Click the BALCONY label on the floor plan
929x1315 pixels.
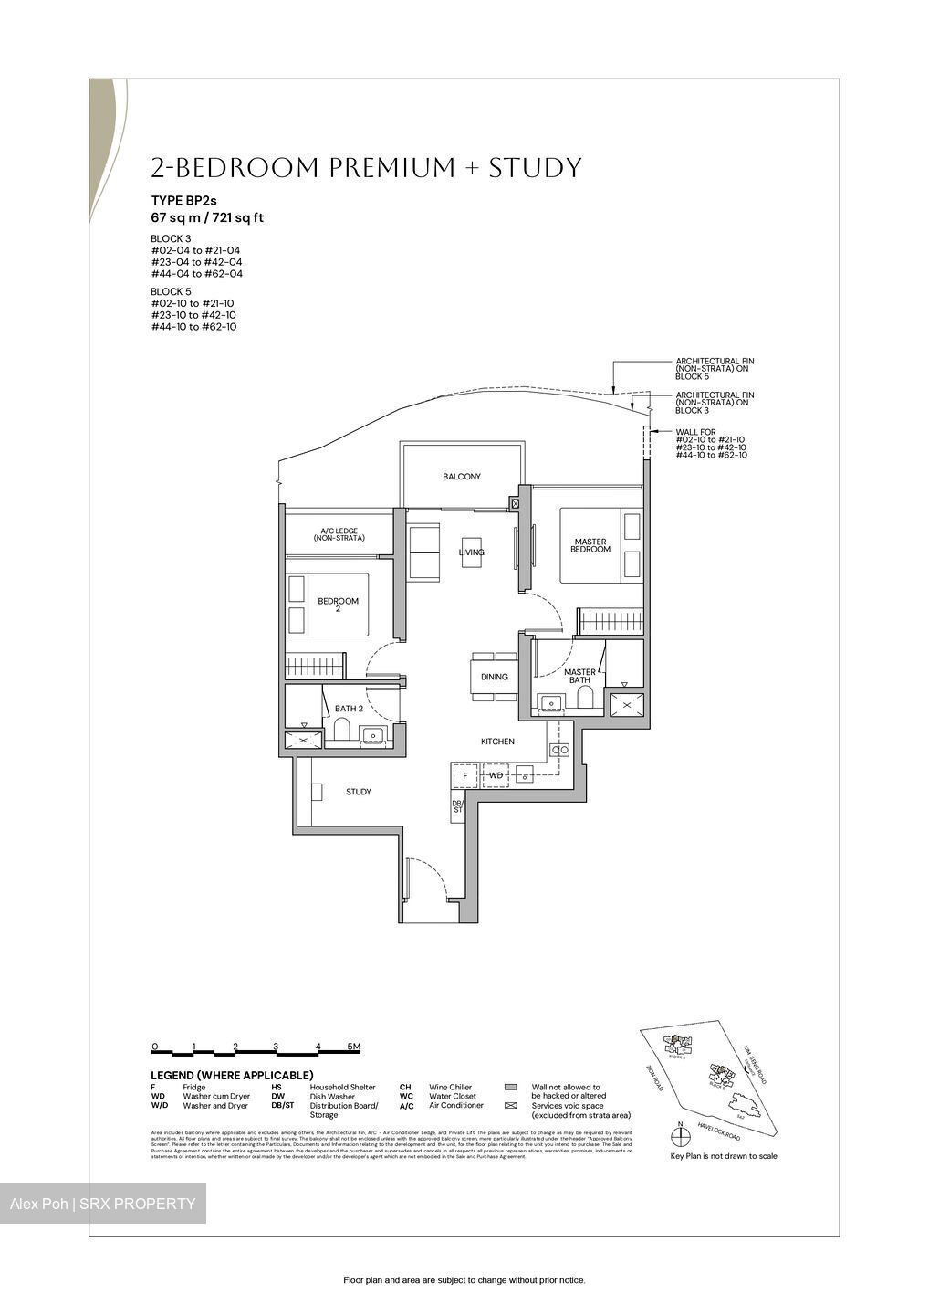pos(461,477)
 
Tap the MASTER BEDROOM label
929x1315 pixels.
pos(590,545)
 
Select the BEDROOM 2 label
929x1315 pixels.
pos(338,605)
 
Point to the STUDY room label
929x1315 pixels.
pos(358,792)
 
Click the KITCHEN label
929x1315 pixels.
pos(497,742)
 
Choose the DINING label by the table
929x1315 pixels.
pos(494,677)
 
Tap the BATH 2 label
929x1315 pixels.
pos(349,709)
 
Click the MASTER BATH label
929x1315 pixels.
pos(579,676)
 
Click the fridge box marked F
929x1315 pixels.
pos(465,775)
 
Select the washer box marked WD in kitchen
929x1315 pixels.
pos(496,775)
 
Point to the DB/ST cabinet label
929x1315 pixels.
pos(458,806)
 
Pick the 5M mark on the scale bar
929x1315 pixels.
pos(353,1047)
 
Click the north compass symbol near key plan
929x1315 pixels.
pos(679,1136)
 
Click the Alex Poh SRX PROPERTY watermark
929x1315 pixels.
pos(102,1204)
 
